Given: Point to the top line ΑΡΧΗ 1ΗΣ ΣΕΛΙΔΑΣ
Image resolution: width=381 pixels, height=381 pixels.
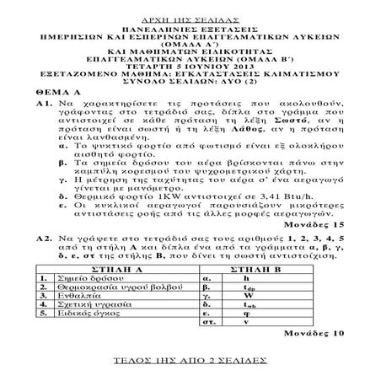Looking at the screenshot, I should coord(189,6).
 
